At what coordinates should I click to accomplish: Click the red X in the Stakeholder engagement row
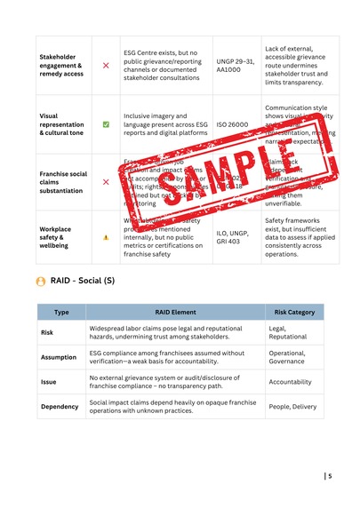(x=106, y=66)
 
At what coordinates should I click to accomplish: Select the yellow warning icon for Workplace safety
(x=106, y=238)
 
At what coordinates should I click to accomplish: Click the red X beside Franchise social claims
(x=106, y=181)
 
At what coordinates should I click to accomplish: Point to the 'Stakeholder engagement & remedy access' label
(x=61, y=66)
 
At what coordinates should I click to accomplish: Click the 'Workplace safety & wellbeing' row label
(x=61, y=237)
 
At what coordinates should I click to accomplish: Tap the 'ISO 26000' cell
(x=233, y=125)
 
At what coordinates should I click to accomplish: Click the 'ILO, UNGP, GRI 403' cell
(x=234, y=237)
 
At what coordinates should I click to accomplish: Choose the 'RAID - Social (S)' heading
(x=88, y=282)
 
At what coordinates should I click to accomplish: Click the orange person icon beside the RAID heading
(x=41, y=282)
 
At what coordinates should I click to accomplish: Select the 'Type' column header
(x=61, y=312)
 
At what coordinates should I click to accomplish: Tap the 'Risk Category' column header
(x=293, y=312)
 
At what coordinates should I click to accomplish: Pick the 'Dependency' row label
(x=61, y=407)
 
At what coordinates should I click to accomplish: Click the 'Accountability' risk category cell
(x=291, y=382)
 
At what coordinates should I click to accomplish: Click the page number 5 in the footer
(x=330, y=476)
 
